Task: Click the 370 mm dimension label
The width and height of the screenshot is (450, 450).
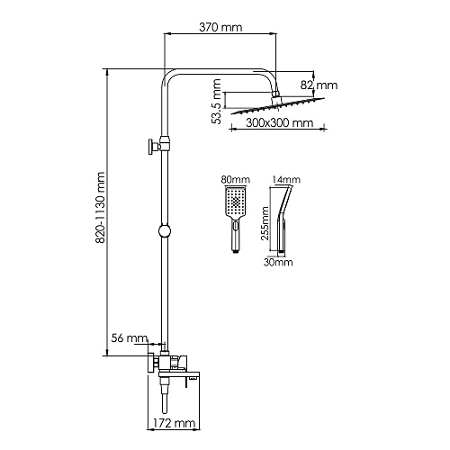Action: coord(220,27)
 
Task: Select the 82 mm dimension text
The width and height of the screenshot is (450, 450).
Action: coord(319,85)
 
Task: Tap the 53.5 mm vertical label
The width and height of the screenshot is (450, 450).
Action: coord(216,102)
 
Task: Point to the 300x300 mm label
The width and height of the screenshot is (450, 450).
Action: coord(279,122)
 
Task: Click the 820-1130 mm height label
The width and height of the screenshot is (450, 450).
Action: coord(100,207)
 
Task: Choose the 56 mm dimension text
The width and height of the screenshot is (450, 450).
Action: coord(130,338)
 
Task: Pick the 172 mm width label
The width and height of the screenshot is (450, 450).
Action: coord(174,423)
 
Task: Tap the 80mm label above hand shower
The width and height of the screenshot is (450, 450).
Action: coord(236,179)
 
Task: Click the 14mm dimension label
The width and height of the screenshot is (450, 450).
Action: coord(286,179)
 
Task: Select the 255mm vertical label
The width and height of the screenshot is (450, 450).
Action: coord(265,223)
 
